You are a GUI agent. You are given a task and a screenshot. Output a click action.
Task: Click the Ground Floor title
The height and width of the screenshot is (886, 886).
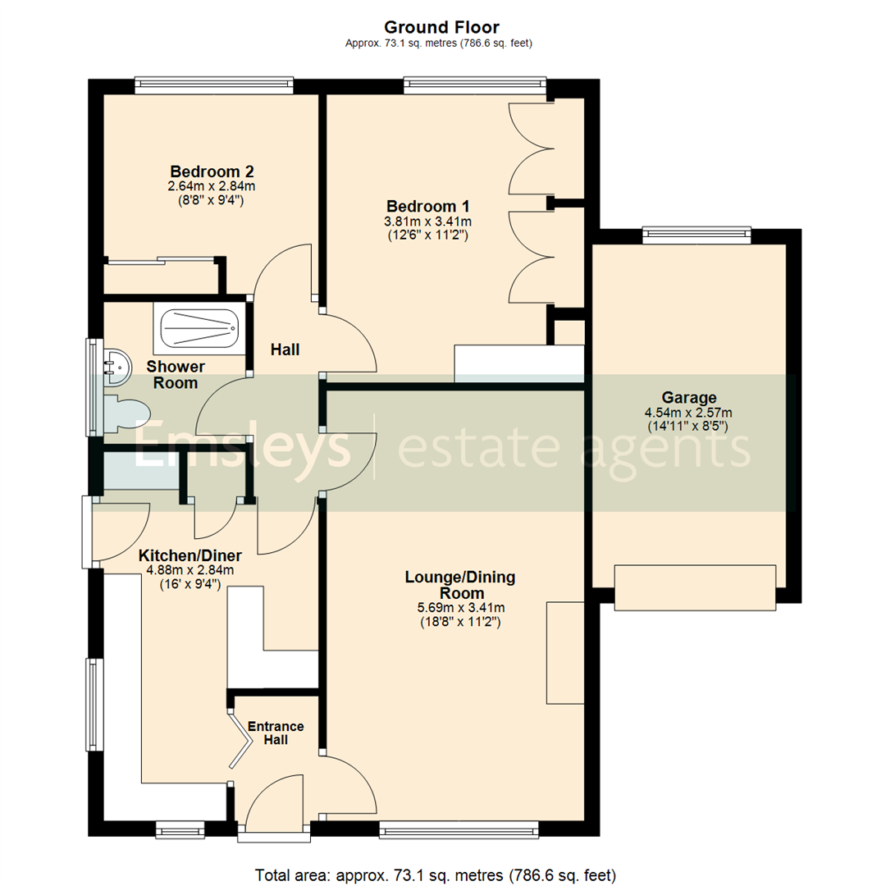pos(442,29)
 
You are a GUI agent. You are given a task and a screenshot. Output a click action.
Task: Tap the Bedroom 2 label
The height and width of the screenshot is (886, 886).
pos(212,171)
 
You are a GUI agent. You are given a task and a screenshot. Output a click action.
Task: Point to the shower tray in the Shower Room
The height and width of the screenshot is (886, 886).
pos(199,327)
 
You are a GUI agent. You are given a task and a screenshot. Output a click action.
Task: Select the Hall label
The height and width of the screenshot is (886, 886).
pos(285,349)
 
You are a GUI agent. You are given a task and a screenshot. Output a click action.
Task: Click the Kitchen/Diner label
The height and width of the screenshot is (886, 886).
pos(190,555)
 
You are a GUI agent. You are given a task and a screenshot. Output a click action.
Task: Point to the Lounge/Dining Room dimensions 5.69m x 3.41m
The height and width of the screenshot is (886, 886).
pos(460,608)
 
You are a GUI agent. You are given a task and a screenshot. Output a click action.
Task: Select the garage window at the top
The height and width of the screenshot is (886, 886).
pos(696,235)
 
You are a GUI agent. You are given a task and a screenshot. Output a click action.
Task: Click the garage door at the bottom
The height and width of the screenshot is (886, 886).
pos(695,587)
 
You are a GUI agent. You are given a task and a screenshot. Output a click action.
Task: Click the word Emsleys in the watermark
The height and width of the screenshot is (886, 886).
pos(242,447)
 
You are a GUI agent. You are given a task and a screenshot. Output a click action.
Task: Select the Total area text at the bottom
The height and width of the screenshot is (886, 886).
pos(436,875)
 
